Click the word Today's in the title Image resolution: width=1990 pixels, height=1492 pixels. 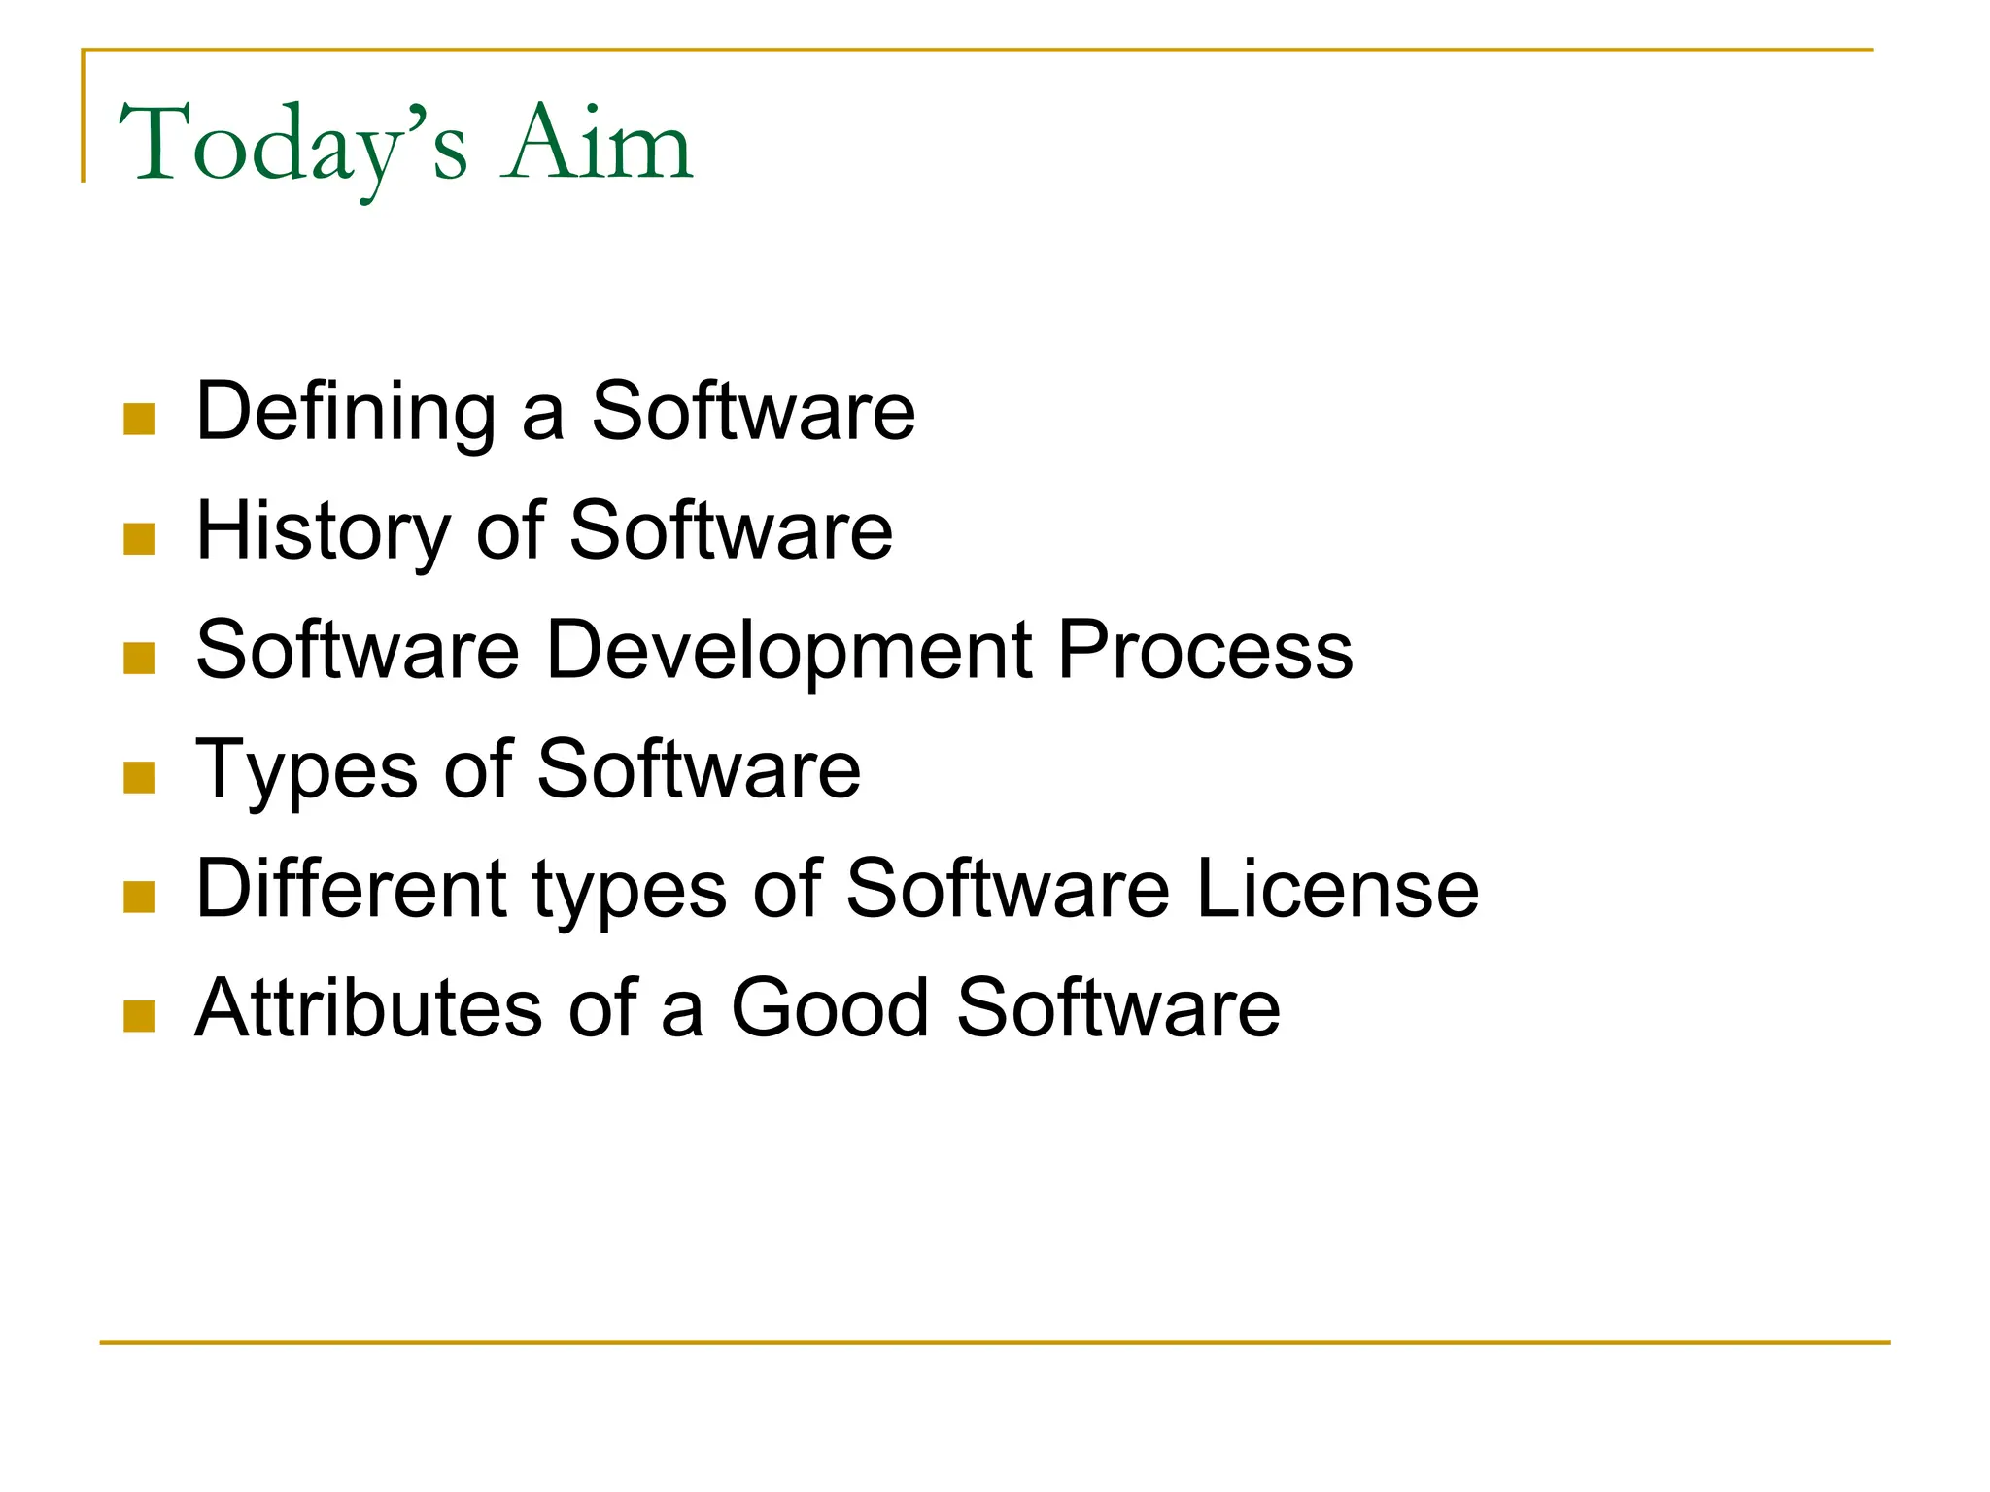click(x=292, y=146)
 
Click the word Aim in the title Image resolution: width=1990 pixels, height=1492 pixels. click(x=597, y=146)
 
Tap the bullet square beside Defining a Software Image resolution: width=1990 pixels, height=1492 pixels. click(x=140, y=420)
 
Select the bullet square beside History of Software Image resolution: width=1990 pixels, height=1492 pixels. click(x=140, y=539)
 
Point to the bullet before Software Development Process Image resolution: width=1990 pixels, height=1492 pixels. click(x=140, y=659)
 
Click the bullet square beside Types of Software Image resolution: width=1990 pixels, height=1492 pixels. click(x=140, y=778)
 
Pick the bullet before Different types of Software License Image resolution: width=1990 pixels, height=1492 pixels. click(x=140, y=898)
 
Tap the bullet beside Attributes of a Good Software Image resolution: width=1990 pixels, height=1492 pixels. click(x=140, y=1017)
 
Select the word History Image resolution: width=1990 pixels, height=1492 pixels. click(x=324, y=531)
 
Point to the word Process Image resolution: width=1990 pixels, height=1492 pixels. click(x=1205, y=650)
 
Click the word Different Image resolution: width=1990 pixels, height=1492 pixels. click(x=351, y=889)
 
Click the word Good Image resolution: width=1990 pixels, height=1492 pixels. click(x=831, y=1008)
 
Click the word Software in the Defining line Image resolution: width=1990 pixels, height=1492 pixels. click(x=753, y=412)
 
